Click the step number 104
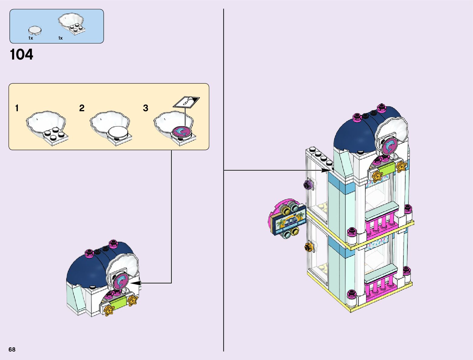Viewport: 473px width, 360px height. pyautogui.click(x=21, y=55)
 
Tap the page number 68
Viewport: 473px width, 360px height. pyautogui.click(x=12, y=349)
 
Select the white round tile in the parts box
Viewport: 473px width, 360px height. pyautogui.click(x=35, y=30)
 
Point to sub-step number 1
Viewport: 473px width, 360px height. pyautogui.click(x=17, y=108)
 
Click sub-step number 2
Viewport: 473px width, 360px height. pyautogui.click(x=82, y=108)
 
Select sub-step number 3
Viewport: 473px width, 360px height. pyautogui.click(x=146, y=108)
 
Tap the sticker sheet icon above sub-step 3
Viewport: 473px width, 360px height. pyautogui.click(x=186, y=102)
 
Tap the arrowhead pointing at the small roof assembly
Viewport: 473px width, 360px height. pyautogui.click(x=135, y=283)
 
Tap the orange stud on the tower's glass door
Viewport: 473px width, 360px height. pyautogui.click(x=309, y=247)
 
